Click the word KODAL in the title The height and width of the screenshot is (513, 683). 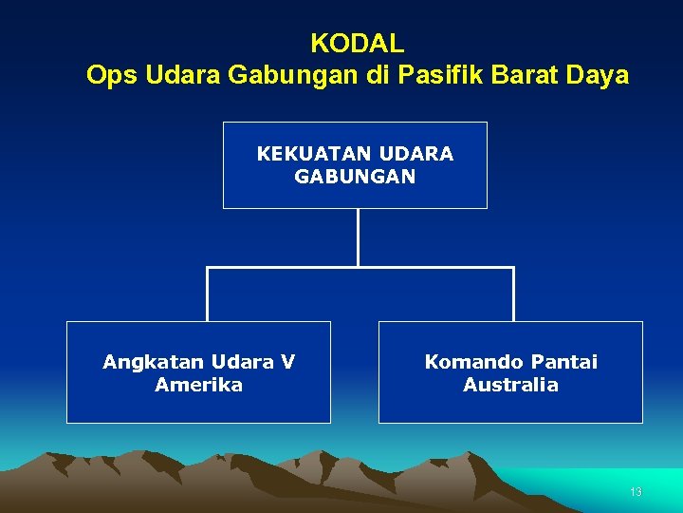(x=357, y=44)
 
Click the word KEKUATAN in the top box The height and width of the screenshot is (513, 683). (x=314, y=153)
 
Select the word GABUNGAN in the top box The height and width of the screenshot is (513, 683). (x=355, y=177)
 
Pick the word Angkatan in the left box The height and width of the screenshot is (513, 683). (x=154, y=362)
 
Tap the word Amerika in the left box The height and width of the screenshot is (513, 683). (x=198, y=385)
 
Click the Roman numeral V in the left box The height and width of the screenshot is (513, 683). (x=287, y=362)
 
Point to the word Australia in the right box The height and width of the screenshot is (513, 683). (x=510, y=385)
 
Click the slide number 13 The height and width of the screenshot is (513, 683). (x=636, y=492)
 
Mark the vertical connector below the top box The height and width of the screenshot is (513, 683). (x=358, y=237)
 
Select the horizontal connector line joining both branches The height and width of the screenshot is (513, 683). (x=360, y=268)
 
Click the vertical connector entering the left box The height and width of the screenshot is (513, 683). (x=207, y=294)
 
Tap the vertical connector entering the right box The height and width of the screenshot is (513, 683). (x=513, y=294)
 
